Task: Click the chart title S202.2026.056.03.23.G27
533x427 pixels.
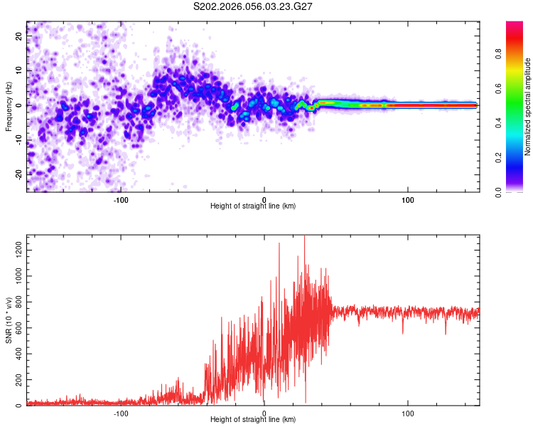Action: [254, 6]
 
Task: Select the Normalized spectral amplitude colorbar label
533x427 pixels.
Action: [528, 107]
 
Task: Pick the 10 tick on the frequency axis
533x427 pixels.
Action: [19, 70]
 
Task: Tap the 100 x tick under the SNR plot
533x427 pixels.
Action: [408, 413]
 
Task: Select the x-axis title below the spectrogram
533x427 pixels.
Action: [253, 206]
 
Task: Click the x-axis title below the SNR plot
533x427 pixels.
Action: [253, 421]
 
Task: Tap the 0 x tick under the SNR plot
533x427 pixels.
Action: [264, 413]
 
